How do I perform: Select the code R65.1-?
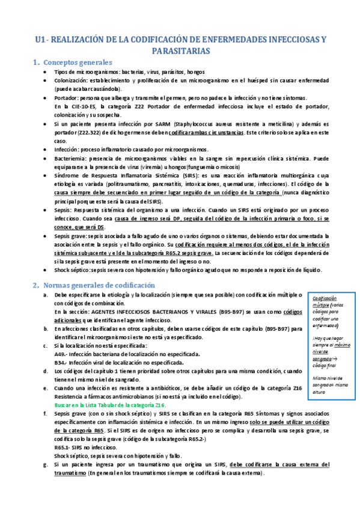pyautogui.click(x=64, y=447)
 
